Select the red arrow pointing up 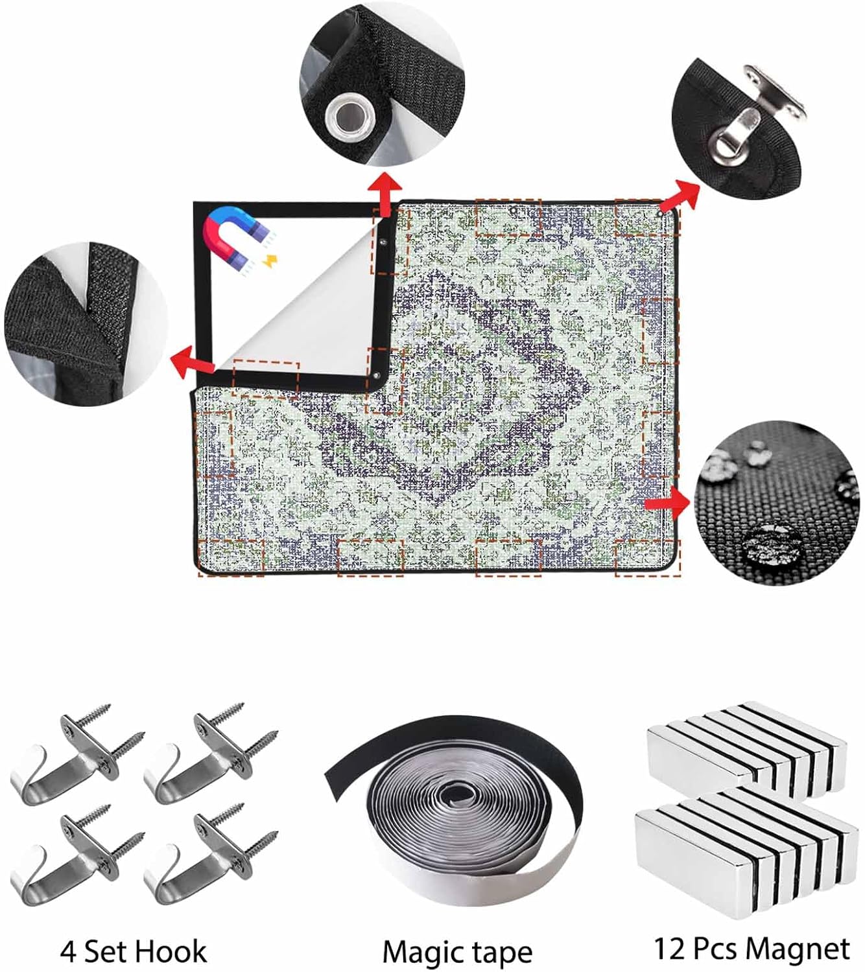pos(385,194)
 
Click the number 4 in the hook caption pos(68,937)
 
